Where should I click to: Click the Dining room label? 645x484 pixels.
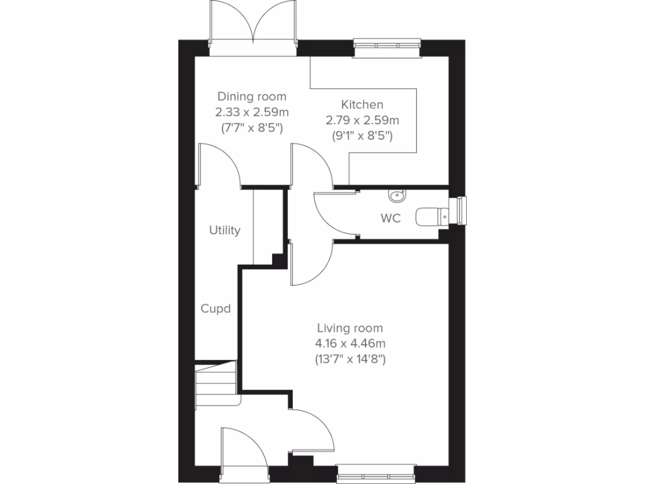click(x=251, y=96)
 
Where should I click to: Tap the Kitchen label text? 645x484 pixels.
click(x=362, y=105)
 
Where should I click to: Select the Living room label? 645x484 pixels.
click(x=350, y=328)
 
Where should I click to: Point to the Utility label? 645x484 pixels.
click(x=225, y=231)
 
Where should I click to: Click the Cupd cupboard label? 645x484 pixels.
click(x=215, y=309)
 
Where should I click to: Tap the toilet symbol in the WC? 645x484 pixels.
click(x=431, y=216)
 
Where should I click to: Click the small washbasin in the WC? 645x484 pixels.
click(x=397, y=196)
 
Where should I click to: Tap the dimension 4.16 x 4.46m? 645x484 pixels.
click(x=350, y=344)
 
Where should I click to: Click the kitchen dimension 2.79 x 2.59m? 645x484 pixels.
click(x=362, y=120)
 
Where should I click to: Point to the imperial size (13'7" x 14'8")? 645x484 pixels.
click(x=350, y=360)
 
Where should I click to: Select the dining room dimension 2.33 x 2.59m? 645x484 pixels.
click(x=251, y=112)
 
